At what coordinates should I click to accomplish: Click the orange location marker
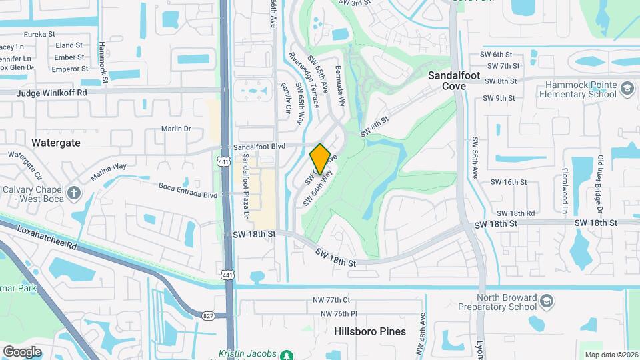[320, 159]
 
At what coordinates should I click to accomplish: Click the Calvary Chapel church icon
[73, 193]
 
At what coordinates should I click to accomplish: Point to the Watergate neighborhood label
[56, 143]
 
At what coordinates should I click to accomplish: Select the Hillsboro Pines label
[366, 331]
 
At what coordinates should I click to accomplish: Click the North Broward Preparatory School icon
[546, 302]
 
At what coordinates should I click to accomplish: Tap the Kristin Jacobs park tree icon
[286, 355]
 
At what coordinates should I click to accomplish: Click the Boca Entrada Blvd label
[187, 195]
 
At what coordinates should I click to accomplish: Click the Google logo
[22, 351]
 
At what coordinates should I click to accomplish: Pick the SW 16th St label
[509, 182]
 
